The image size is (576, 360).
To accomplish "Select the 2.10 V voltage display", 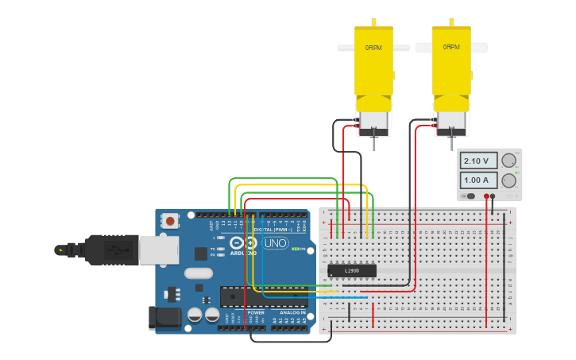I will pos(479,161).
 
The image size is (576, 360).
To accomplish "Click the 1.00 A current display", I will pos(479,180).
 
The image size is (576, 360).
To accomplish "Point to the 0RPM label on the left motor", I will pos(373,48).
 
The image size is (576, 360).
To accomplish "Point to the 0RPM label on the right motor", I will pos(451,47).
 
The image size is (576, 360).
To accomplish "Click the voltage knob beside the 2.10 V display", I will pos(508,161).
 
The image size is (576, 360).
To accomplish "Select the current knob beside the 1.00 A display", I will pos(508,180).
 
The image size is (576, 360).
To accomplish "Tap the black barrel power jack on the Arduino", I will pos(164,317).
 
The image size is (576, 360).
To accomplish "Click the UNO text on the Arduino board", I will pos(276,243).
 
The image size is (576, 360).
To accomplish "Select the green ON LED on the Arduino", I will pos(295,250).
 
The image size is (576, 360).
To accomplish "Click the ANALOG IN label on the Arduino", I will pos(291,312).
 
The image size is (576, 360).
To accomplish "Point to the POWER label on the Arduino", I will pos(256,312).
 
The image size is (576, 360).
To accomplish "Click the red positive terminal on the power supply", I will pos(486,195).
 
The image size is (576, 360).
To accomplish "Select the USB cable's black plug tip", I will pos(60,250).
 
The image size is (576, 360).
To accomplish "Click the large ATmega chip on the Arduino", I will pos(262,296).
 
